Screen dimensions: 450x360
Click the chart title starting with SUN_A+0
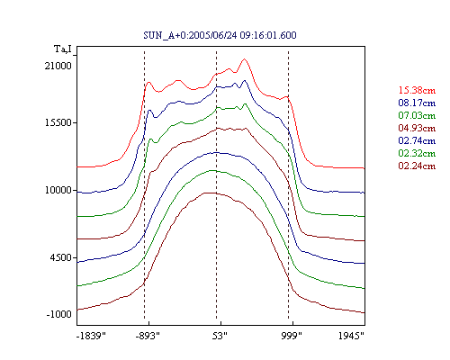pyautogui.click(x=220, y=35)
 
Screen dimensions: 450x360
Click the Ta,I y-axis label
pyautogui.click(x=63, y=49)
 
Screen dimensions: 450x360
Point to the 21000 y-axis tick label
pyautogui.click(x=58, y=66)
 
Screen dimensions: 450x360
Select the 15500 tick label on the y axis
pyautogui.click(x=58, y=122)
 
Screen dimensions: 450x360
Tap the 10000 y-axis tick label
pyautogui.click(x=58, y=190)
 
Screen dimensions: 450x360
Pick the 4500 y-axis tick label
pyautogui.click(x=61, y=257)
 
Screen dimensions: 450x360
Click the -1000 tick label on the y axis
pyautogui.click(x=58, y=314)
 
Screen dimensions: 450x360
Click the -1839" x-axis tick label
pyautogui.click(x=91, y=336)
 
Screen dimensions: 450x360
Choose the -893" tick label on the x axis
pyautogui.click(x=148, y=336)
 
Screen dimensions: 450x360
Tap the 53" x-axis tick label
pyautogui.click(x=220, y=336)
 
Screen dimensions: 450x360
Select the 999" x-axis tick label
pyautogui.click(x=292, y=336)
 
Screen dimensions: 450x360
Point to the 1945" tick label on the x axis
pyautogui.click(x=351, y=336)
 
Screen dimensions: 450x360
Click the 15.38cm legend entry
pyautogui.click(x=417, y=90)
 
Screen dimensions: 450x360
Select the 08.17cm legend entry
pyautogui.click(x=417, y=103)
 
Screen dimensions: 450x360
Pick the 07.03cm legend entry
pyautogui.click(x=417, y=115)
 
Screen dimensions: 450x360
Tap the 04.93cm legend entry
pyautogui.click(x=417, y=128)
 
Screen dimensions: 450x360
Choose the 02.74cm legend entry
pyautogui.click(x=417, y=140)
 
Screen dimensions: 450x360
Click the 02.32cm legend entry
pyautogui.click(x=417, y=153)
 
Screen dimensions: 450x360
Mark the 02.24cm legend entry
pyautogui.click(x=417, y=166)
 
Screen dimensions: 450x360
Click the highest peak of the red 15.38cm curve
pyautogui.click(x=245, y=59)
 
